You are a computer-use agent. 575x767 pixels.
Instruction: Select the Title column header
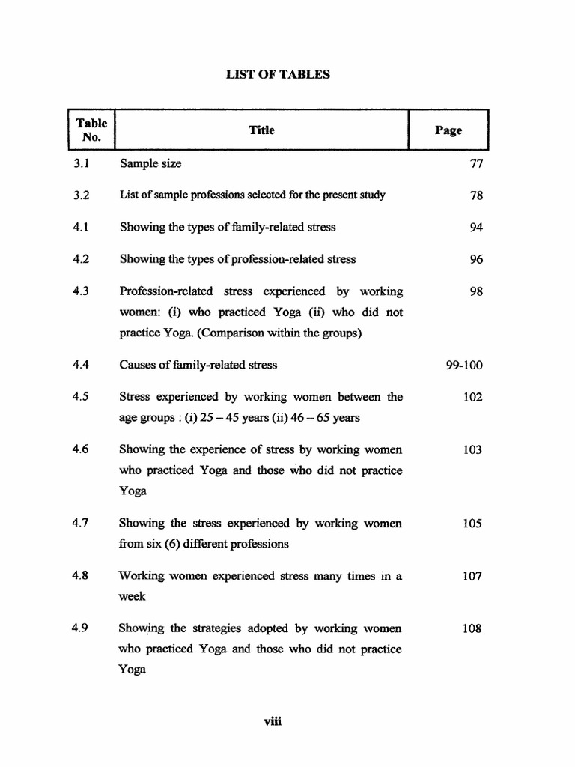coord(261,130)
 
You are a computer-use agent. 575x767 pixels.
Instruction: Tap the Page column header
coord(448,130)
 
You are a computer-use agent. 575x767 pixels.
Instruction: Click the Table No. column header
coord(91,130)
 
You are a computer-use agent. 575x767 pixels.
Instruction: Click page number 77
coord(477,163)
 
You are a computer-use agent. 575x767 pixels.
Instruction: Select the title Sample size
coord(150,163)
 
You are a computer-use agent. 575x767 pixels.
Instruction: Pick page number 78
coord(477,195)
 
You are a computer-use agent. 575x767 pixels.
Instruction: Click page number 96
coord(477,260)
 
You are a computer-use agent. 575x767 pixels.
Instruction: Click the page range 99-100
coord(464,366)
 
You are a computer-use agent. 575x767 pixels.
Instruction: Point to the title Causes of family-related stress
coord(198,365)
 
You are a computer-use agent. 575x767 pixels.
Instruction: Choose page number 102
coord(473,398)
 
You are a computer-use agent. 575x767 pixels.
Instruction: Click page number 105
coord(473,524)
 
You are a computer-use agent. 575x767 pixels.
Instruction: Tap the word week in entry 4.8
coord(132,597)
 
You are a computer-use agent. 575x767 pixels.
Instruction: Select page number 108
coord(473,629)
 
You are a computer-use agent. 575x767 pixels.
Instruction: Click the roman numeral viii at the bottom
coord(271,722)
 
